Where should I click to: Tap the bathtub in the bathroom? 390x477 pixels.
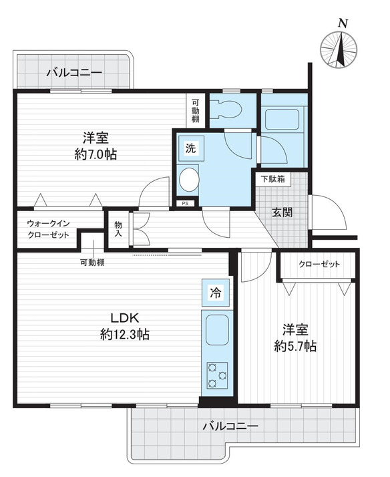[282, 120]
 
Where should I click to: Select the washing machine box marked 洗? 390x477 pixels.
[191, 148]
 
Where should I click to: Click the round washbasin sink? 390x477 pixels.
[189, 180]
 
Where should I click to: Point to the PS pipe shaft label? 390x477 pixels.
[185, 204]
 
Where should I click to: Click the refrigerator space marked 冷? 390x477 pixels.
[216, 293]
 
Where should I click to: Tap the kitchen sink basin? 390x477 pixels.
[217, 330]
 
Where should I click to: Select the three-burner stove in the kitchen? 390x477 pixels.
[217, 375]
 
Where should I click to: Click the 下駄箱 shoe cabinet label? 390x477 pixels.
[272, 179]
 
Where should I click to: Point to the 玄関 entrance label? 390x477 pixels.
[282, 212]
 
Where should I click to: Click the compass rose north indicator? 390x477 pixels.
[339, 50]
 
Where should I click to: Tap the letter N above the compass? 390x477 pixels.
[343, 23]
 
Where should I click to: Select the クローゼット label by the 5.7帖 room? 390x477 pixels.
[319, 264]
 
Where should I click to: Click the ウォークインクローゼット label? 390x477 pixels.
[49, 229]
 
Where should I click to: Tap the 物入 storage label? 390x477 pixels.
[118, 229]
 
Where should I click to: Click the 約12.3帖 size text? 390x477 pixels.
[125, 335]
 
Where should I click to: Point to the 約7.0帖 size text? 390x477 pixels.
[95, 154]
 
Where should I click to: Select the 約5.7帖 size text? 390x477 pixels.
[295, 346]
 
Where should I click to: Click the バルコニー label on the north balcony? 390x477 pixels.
[74, 73]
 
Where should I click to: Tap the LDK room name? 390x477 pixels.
[125, 318]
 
